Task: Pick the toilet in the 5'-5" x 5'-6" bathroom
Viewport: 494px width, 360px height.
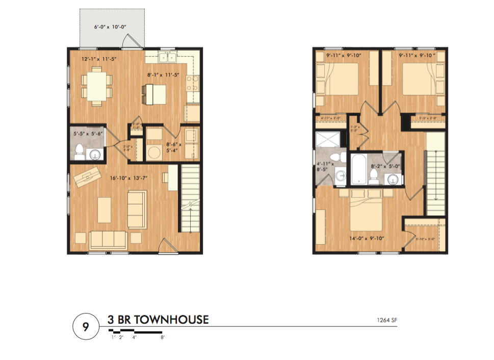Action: [x=80, y=150]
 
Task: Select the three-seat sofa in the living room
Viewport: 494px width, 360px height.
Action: [x=108, y=238]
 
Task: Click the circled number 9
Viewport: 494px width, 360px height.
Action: [x=84, y=327]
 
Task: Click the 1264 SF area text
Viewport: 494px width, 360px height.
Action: [x=386, y=320]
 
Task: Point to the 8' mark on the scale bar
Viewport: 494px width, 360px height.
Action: [x=162, y=337]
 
